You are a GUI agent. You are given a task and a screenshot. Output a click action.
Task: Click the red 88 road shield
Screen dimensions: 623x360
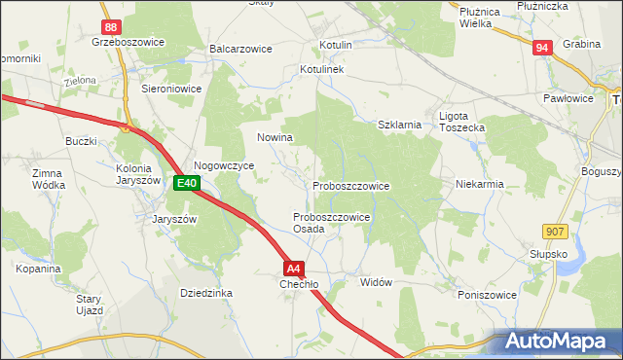pyautogui.click(x=112, y=28)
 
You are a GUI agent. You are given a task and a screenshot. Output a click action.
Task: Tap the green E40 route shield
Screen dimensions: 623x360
pyautogui.click(x=187, y=182)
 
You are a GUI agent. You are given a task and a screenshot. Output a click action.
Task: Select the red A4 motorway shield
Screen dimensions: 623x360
pyautogui.click(x=295, y=268)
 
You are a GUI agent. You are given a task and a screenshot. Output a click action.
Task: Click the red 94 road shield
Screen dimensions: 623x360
pyautogui.click(x=543, y=47)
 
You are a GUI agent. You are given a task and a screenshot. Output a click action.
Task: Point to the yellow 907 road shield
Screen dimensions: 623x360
pyautogui.click(x=555, y=229)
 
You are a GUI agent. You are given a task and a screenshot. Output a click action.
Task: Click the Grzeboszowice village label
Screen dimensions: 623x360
pyautogui.click(x=127, y=43)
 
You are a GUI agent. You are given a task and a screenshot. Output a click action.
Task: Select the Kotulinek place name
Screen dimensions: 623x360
pyautogui.click(x=322, y=71)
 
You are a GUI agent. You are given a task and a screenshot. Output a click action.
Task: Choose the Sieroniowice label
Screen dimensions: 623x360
pyautogui.click(x=171, y=87)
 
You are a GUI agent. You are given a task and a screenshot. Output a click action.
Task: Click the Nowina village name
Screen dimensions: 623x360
pyautogui.click(x=275, y=137)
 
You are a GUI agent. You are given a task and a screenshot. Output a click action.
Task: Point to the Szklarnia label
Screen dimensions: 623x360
pyautogui.click(x=399, y=125)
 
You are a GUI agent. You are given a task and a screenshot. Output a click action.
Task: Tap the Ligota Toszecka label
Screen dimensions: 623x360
pyautogui.click(x=461, y=122)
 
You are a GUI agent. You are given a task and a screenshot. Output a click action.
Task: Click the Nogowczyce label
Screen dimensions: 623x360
pyautogui.click(x=224, y=165)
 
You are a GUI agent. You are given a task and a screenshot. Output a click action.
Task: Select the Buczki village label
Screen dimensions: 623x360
pyautogui.click(x=80, y=141)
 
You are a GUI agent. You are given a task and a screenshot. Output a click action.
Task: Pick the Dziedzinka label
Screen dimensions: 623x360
pyautogui.click(x=205, y=292)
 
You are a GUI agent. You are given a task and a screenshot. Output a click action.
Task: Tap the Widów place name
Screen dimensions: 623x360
pyautogui.click(x=376, y=282)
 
